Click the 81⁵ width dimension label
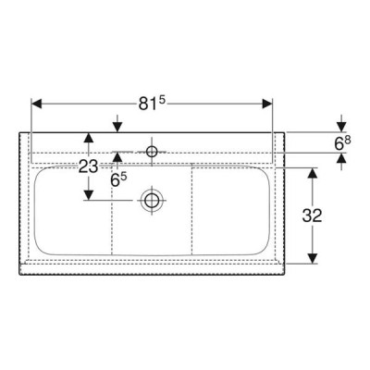point(152,104)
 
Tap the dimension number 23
point(89,166)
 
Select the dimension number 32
point(312,216)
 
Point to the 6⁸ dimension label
point(342,143)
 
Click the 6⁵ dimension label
point(118,180)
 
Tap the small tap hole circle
point(152,152)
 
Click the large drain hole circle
point(152,201)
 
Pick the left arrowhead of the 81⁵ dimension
point(36,104)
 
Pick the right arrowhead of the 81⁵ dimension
point(267,104)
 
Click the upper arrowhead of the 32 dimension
point(313,174)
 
